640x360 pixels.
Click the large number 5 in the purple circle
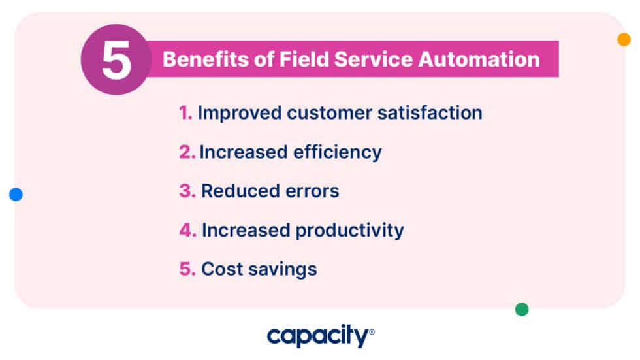(x=116, y=61)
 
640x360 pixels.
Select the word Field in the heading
(x=305, y=59)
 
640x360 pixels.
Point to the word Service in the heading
(x=374, y=59)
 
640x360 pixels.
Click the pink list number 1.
(x=185, y=113)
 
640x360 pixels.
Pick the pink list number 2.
(x=187, y=152)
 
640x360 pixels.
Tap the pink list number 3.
(x=187, y=191)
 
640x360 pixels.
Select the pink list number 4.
(x=188, y=230)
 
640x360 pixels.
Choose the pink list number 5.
(x=187, y=269)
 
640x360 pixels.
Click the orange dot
(x=624, y=39)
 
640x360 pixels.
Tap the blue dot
(x=16, y=194)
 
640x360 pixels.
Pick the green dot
(x=522, y=309)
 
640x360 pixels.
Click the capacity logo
(x=320, y=336)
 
